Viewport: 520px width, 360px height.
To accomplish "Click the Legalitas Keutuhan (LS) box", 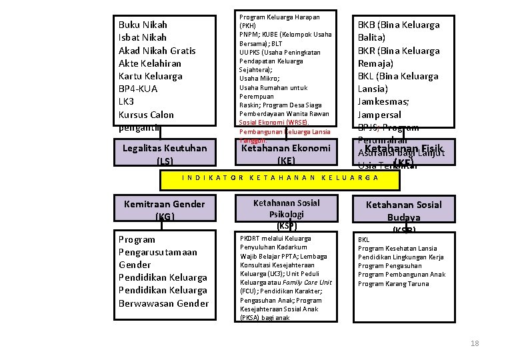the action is click(x=165, y=153).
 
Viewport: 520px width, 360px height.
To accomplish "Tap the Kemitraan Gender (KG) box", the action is click(x=165, y=209).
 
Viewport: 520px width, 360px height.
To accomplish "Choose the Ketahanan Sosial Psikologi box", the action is click(x=286, y=209).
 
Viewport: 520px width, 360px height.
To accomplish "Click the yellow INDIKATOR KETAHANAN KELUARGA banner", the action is click(x=280, y=178).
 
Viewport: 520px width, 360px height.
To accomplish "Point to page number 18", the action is click(x=475, y=343).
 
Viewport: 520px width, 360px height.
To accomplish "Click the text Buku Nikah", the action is click(x=143, y=25).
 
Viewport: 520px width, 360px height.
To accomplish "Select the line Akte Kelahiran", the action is click(x=149, y=63).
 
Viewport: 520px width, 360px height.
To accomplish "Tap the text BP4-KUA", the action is click(x=138, y=89).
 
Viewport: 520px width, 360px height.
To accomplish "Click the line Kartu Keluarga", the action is click(x=150, y=76).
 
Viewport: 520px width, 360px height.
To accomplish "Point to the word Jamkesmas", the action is click(x=383, y=101).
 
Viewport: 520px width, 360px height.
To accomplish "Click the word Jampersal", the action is click(x=381, y=115).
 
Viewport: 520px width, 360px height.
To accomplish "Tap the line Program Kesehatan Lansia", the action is click(x=397, y=249).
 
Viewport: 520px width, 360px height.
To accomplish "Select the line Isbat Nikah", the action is click(x=143, y=37).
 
